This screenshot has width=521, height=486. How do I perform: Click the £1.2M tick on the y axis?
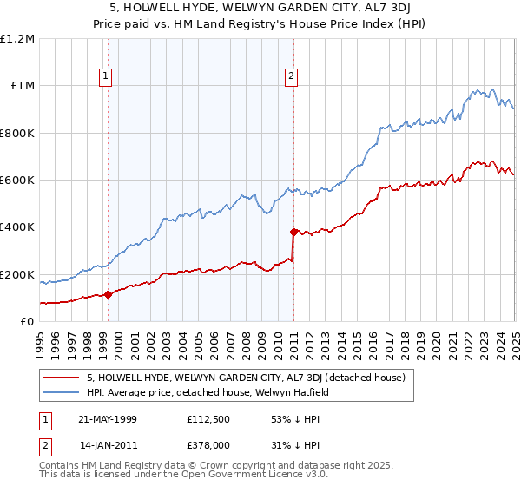(17, 39)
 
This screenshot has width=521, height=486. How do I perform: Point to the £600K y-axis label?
(17, 181)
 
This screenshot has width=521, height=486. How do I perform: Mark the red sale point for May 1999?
(108, 295)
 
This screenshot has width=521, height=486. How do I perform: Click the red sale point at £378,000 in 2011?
(293, 232)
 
